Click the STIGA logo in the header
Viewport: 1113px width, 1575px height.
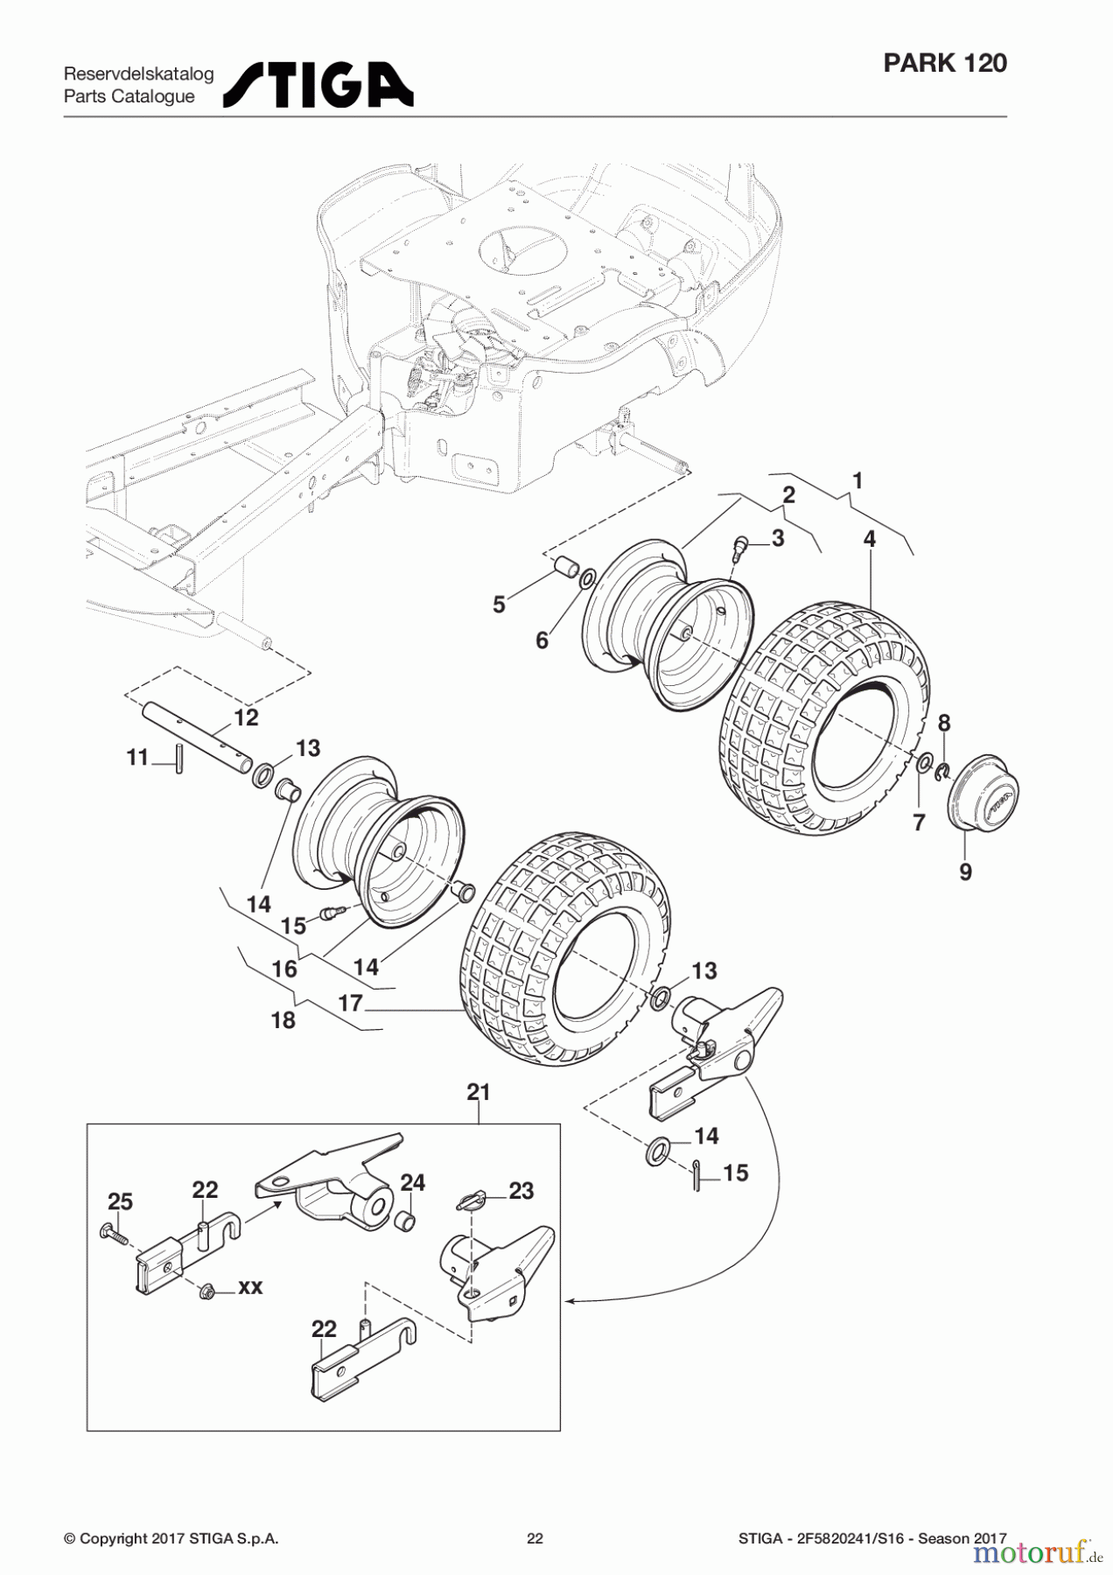(x=318, y=85)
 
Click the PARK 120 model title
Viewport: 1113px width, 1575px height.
(x=944, y=63)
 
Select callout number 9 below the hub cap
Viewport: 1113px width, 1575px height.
(x=965, y=871)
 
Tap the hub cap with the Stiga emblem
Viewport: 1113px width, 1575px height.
(x=984, y=793)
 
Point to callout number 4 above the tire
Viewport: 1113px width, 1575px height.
(x=869, y=539)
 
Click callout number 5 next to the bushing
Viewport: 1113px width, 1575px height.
(x=499, y=605)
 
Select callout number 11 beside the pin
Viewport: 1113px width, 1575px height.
(x=137, y=757)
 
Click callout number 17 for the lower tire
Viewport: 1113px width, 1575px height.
(x=350, y=1003)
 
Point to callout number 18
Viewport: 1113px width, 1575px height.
(x=283, y=1020)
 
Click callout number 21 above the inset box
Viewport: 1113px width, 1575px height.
(x=479, y=1092)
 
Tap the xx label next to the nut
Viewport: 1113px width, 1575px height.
(x=250, y=1287)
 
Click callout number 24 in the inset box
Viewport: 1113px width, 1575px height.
(x=412, y=1183)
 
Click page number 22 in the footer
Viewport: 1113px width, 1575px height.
(x=535, y=1538)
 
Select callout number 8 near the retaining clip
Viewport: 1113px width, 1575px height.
(x=943, y=723)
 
